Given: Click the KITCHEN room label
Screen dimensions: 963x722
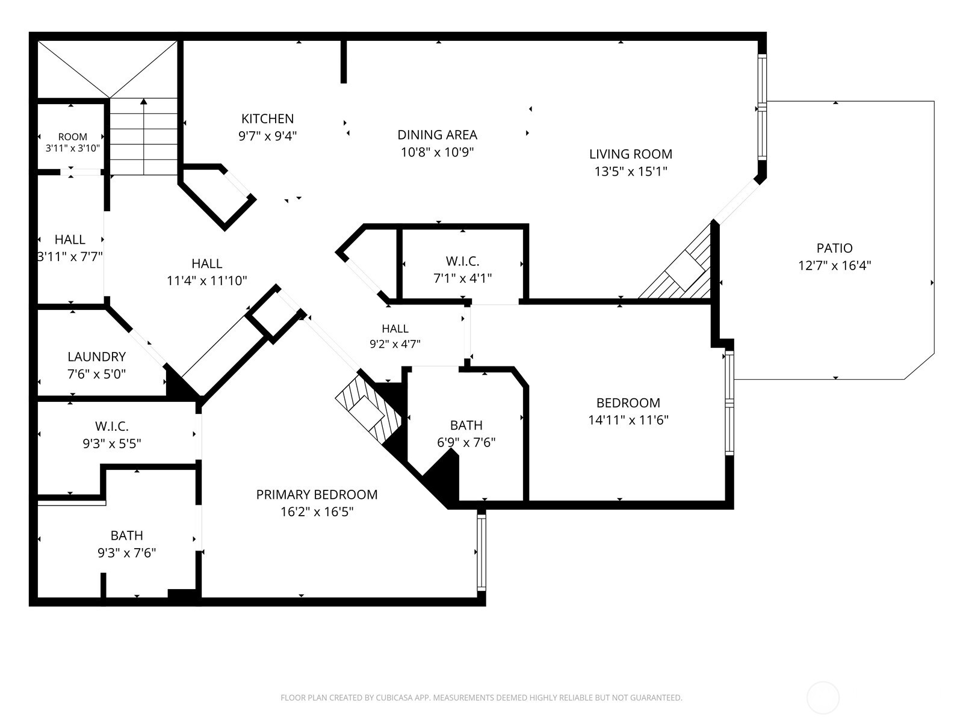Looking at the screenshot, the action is click(267, 119).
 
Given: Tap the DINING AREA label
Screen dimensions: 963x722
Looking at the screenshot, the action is click(437, 135).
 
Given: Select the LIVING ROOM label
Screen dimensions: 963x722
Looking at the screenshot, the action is click(630, 154).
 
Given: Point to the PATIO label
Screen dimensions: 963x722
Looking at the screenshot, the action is click(834, 248).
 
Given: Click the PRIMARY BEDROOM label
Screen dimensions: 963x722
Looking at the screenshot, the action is click(317, 495).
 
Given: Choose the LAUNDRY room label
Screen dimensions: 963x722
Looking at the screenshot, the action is click(96, 356).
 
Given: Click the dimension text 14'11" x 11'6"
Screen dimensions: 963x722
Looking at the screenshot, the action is click(628, 420).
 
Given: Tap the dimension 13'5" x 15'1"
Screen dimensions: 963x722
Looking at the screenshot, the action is click(630, 171).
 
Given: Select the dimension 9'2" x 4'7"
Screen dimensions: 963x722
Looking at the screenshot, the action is click(395, 344).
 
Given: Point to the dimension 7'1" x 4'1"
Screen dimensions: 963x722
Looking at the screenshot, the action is click(462, 279).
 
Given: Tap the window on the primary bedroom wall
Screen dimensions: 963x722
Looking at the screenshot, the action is click(482, 552).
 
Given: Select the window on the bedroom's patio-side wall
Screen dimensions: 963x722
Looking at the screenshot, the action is click(729, 403).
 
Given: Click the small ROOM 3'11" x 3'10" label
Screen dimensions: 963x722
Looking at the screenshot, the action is click(72, 143).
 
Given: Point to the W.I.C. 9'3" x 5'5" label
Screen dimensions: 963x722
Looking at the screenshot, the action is click(112, 435).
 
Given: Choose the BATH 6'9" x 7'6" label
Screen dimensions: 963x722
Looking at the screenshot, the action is click(466, 434).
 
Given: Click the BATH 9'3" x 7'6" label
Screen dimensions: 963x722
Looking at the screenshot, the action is click(127, 544).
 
